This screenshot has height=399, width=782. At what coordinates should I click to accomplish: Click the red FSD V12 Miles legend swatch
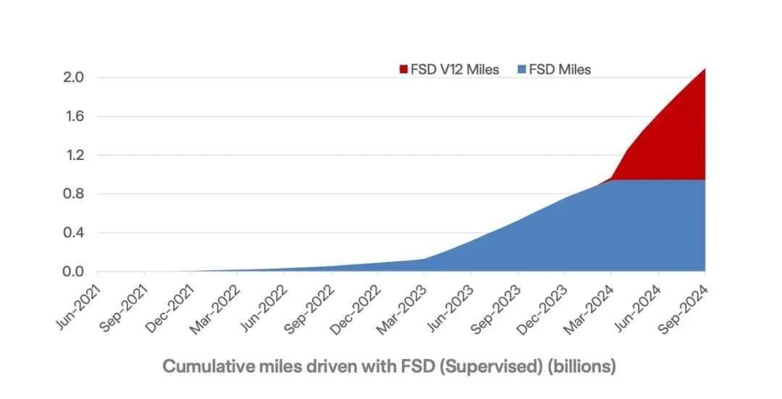[403, 70]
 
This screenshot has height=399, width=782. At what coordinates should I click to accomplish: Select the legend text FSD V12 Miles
[455, 70]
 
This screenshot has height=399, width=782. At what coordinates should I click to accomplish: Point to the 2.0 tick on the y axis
[73, 77]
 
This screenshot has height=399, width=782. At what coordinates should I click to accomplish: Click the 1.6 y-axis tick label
[73, 117]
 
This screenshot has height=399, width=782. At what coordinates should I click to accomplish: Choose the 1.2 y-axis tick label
[73, 155]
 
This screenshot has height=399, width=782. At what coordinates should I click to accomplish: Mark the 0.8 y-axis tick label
[73, 194]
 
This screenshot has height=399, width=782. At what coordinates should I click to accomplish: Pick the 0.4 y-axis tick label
[73, 233]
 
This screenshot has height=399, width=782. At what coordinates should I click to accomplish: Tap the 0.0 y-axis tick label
[73, 272]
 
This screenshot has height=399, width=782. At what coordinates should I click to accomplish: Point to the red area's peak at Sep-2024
[705, 69]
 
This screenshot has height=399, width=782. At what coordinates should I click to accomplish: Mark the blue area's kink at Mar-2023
[424, 259]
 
